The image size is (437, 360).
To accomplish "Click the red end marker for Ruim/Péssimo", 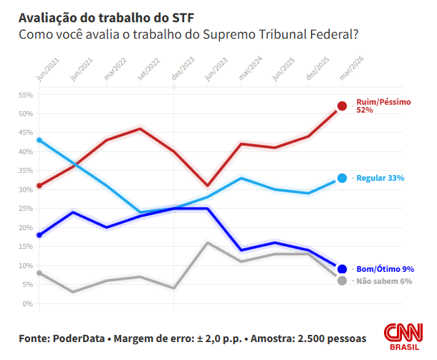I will (342, 106).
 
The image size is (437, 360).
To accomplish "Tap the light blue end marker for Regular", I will (342, 178).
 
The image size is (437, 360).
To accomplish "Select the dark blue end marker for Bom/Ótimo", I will (342, 269).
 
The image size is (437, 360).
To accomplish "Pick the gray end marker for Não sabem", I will (342, 280).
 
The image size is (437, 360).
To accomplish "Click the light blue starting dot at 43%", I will (39, 141).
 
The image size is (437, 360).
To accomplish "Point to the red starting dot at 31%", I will (39, 186).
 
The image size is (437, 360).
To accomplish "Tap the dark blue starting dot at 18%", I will (39, 235).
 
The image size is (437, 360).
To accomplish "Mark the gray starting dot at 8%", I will (39, 273).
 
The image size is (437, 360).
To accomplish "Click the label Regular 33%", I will (380, 178).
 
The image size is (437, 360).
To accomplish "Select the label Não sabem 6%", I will (384, 281).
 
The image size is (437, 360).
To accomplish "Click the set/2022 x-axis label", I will (148, 69).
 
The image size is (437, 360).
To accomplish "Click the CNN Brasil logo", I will (402, 336).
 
